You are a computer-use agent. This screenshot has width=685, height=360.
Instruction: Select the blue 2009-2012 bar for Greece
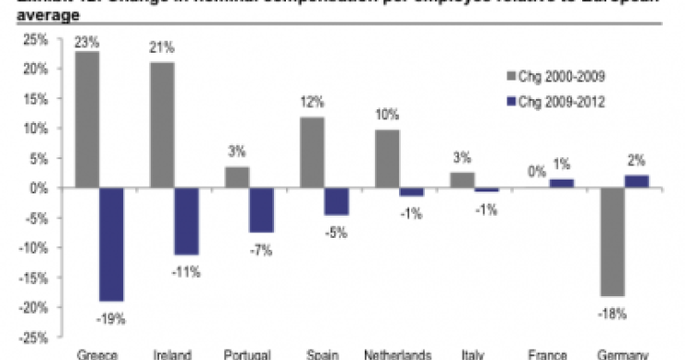click(x=113, y=244)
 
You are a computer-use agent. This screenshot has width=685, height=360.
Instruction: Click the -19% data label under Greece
click(x=112, y=318)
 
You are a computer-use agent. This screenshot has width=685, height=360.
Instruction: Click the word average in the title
click(x=31, y=16)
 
